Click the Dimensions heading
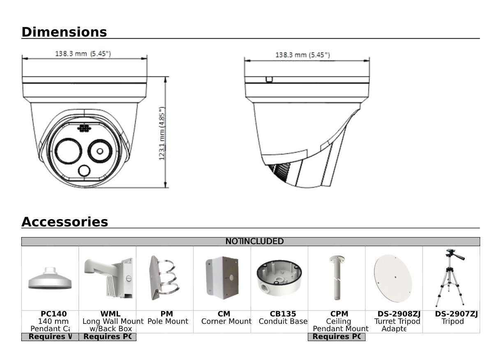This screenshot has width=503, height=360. [x=64, y=32]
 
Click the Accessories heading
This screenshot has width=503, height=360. [x=65, y=222]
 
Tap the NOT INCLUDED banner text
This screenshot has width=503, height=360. [x=254, y=242]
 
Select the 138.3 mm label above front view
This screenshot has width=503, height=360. [x=83, y=54]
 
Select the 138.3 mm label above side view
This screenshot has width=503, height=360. [x=302, y=55]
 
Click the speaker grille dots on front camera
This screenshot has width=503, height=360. [x=84, y=128]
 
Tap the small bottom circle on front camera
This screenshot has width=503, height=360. [x=84, y=171]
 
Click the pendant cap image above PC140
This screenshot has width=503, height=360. [x=50, y=279]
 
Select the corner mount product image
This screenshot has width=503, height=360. [x=222, y=278]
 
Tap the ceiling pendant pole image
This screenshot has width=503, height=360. [x=337, y=277]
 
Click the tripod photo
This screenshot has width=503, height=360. [x=450, y=277]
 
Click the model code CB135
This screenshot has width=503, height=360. [x=283, y=314]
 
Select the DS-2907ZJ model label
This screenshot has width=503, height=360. [x=456, y=314]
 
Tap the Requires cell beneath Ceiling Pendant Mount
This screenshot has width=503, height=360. [x=336, y=337]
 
